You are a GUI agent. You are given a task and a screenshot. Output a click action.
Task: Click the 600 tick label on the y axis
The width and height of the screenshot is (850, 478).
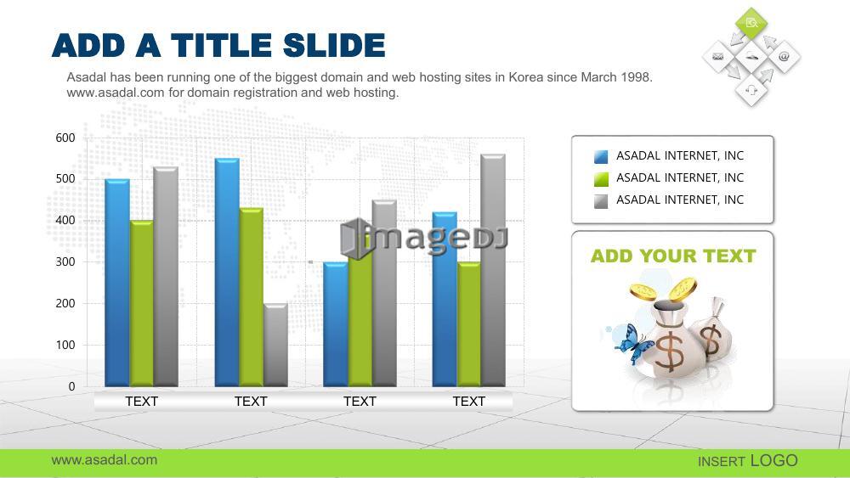click(x=65, y=138)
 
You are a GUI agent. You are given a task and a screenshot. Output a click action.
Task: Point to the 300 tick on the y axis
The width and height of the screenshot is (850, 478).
click(x=65, y=262)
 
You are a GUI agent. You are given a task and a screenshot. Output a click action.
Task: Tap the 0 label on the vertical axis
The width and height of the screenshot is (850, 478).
click(x=71, y=386)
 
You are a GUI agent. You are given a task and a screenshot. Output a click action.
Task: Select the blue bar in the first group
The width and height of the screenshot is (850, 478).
click(x=117, y=283)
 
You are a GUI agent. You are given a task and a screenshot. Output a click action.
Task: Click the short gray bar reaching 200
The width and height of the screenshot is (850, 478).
click(x=276, y=345)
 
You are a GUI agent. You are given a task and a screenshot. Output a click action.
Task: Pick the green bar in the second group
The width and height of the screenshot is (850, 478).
click(x=252, y=297)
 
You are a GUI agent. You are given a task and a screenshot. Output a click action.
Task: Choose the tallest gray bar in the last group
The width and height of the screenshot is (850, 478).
click(x=493, y=270)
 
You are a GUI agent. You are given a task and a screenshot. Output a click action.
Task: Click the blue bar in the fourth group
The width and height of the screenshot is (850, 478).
click(x=445, y=300)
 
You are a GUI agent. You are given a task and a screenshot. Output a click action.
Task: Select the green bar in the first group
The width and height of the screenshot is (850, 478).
click(x=141, y=303)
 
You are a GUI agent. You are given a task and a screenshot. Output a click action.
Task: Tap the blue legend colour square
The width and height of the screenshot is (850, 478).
click(x=601, y=156)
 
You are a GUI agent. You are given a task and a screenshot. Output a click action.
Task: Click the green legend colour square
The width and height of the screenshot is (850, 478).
click(x=601, y=178)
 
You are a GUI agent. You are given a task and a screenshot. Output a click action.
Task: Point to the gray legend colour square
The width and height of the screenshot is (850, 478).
click(x=601, y=201)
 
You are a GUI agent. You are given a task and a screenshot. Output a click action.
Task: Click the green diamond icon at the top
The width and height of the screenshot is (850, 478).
click(x=751, y=23)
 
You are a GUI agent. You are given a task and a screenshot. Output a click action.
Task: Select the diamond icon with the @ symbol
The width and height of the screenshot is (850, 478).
click(x=784, y=56)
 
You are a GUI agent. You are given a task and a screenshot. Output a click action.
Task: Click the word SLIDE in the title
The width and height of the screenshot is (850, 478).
click(x=334, y=45)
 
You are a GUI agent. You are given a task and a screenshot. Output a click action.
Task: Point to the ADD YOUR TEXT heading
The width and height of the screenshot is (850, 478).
click(x=673, y=256)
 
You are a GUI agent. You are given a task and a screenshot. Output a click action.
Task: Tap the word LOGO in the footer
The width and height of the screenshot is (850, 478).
click(x=774, y=461)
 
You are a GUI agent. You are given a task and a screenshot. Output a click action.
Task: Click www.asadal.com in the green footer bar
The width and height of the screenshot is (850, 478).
click(x=105, y=460)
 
